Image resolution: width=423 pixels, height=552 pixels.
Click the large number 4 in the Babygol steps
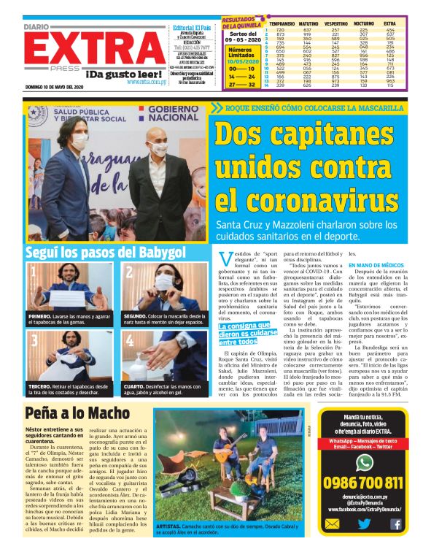pyautogui.click(x=130, y=342)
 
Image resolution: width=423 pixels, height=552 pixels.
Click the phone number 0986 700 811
pyautogui.click(x=363, y=483)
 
